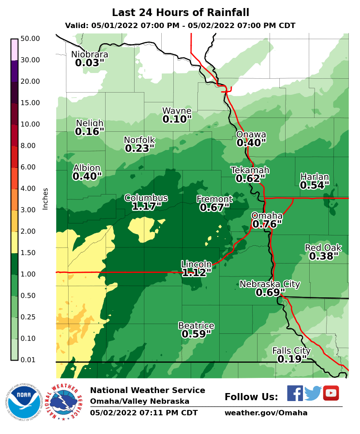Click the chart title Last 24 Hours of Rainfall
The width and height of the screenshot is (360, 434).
click(x=180, y=12)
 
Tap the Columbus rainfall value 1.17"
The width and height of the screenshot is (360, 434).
click(x=146, y=207)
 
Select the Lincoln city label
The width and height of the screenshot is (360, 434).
click(x=196, y=264)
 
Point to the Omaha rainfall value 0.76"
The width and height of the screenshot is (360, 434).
click(x=267, y=224)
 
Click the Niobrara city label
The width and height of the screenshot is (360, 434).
click(x=90, y=54)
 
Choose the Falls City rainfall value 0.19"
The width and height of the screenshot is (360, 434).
click(x=292, y=359)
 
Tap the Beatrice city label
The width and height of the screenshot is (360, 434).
click(x=196, y=325)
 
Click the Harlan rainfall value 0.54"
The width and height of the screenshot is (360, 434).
click(x=315, y=185)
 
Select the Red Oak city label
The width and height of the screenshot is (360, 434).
click(x=323, y=247)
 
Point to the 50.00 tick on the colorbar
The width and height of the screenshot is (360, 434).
click(x=30, y=39)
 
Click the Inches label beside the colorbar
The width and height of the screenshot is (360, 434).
click(x=45, y=199)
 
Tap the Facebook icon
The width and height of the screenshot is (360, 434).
click(x=295, y=393)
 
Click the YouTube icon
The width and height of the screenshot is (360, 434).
click(x=331, y=393)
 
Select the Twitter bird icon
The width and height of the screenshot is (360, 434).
click(x=313, y=393)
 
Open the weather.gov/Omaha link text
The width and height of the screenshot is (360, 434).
click(x=266, y=413)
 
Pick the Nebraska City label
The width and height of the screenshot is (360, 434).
click(x=270, y=284)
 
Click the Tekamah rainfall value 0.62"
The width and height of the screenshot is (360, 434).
click(x=250, y=179)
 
